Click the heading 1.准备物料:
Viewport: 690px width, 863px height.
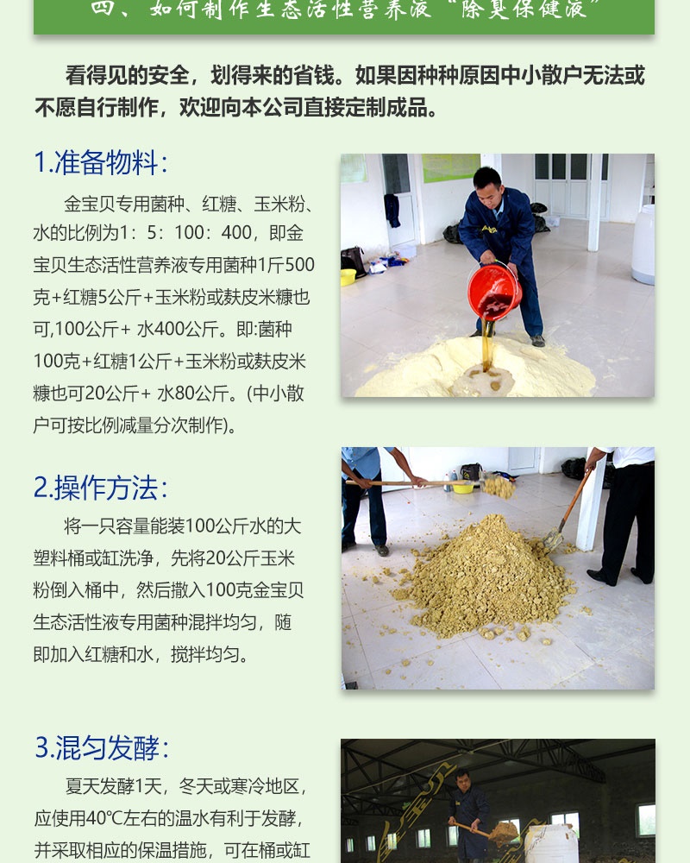pos(101,163)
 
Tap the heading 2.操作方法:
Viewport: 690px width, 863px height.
pos(101,488)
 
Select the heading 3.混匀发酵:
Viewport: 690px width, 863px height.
pos(102,747)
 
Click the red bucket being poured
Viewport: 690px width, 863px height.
pos(494,291)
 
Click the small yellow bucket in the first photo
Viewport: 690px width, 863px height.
pos(348,277)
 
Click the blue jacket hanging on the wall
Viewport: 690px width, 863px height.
pos(392,210)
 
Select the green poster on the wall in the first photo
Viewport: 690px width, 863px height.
pos(450,167)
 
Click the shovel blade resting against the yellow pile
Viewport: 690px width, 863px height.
pos(553,540)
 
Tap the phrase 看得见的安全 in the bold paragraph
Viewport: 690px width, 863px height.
pos(128,75)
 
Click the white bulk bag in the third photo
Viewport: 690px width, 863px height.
pos(550,843)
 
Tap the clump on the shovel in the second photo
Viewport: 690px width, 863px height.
pos(498,487)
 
